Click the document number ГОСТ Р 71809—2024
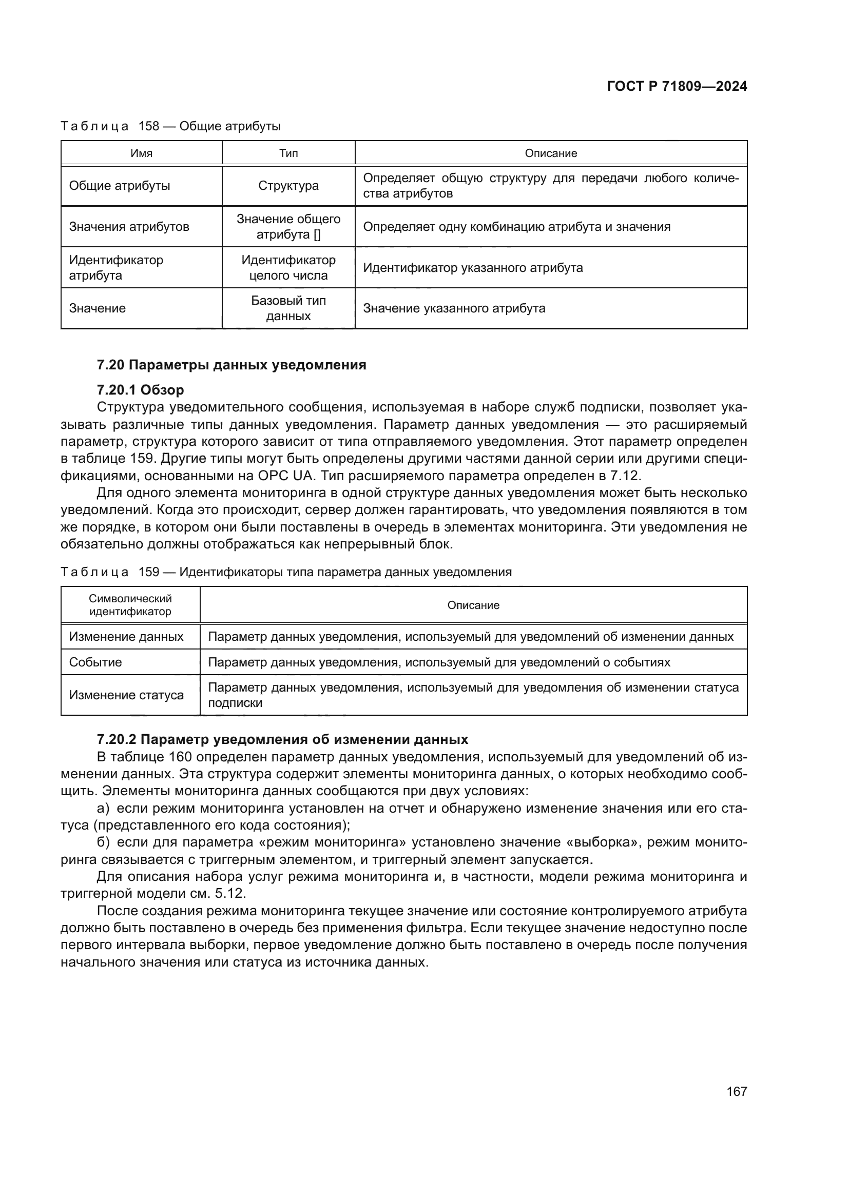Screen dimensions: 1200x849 (677, 87)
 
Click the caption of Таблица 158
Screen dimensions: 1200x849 (170, 127)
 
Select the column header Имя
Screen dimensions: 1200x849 (141, 153)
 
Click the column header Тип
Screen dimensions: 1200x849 (288, 153)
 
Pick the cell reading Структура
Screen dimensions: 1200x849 (288, 186)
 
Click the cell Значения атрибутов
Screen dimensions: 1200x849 (129, 227)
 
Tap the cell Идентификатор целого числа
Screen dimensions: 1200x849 (288, 268)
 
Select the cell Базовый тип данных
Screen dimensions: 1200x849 (288, 308)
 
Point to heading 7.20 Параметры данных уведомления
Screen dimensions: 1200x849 (231, 365)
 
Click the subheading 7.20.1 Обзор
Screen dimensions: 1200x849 (140, 390)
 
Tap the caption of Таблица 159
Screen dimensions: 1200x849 (286, 572)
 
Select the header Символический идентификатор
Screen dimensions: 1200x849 (130, 605)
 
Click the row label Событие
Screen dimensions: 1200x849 (95, 662)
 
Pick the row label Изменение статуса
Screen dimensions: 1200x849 (126, 695)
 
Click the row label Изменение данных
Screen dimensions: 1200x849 (126, 637)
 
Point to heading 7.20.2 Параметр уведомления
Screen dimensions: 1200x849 (282, 740)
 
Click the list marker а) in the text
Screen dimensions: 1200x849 (103, 809)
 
